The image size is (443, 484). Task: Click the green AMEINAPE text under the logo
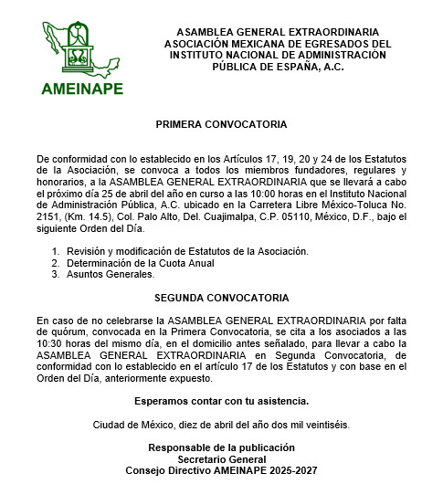click(x=81, y=89)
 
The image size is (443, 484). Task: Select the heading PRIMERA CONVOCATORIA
click(x=221, y=122)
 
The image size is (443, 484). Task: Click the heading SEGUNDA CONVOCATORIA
click(x=222, y=298)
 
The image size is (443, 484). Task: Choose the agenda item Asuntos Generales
click(x=111, y=274)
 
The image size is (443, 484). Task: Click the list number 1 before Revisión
click(x=55, y=251)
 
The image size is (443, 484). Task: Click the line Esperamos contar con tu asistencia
click(x=221, y=401)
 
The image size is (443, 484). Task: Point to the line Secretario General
click(x=221, y=459)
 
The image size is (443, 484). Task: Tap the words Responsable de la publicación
click(x=222, y=447)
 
